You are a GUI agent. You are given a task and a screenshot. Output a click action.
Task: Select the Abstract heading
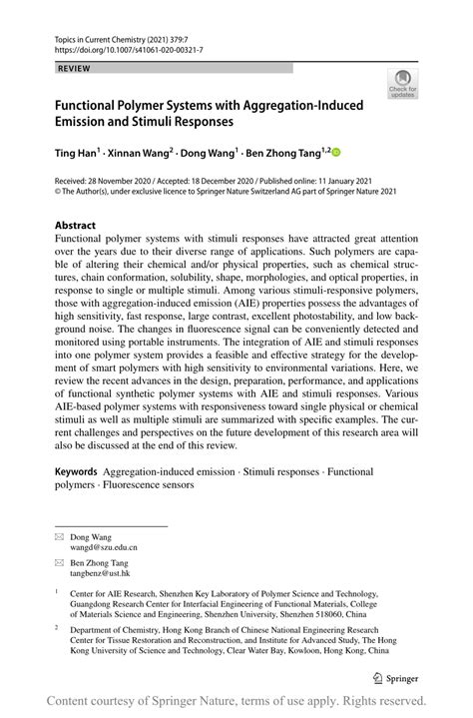pyautogui.click(x=75, y=226)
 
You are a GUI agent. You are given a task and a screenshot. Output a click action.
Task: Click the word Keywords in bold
pyautogui.click(x=77, y=470)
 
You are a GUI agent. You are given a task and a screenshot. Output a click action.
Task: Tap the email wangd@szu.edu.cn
pyautogui.click(x=103, y=548)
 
